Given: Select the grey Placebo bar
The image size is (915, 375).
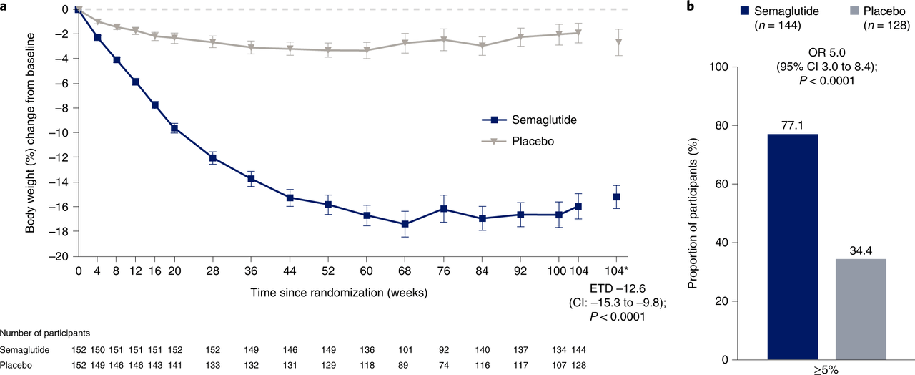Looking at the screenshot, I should tap(861, 309).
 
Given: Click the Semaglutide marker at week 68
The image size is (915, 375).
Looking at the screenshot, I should tap(405, 224).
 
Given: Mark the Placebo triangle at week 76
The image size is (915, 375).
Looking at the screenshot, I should tap(444, 40).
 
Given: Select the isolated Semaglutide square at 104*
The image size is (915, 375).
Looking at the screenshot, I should tap(616, 197).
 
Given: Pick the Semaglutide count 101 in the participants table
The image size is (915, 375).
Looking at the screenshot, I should tap(405, 351).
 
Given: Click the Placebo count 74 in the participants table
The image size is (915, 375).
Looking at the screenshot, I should tap(444, 365).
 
